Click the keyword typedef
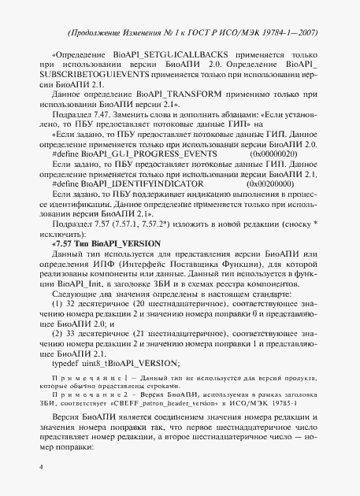click(x=65, y=362)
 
